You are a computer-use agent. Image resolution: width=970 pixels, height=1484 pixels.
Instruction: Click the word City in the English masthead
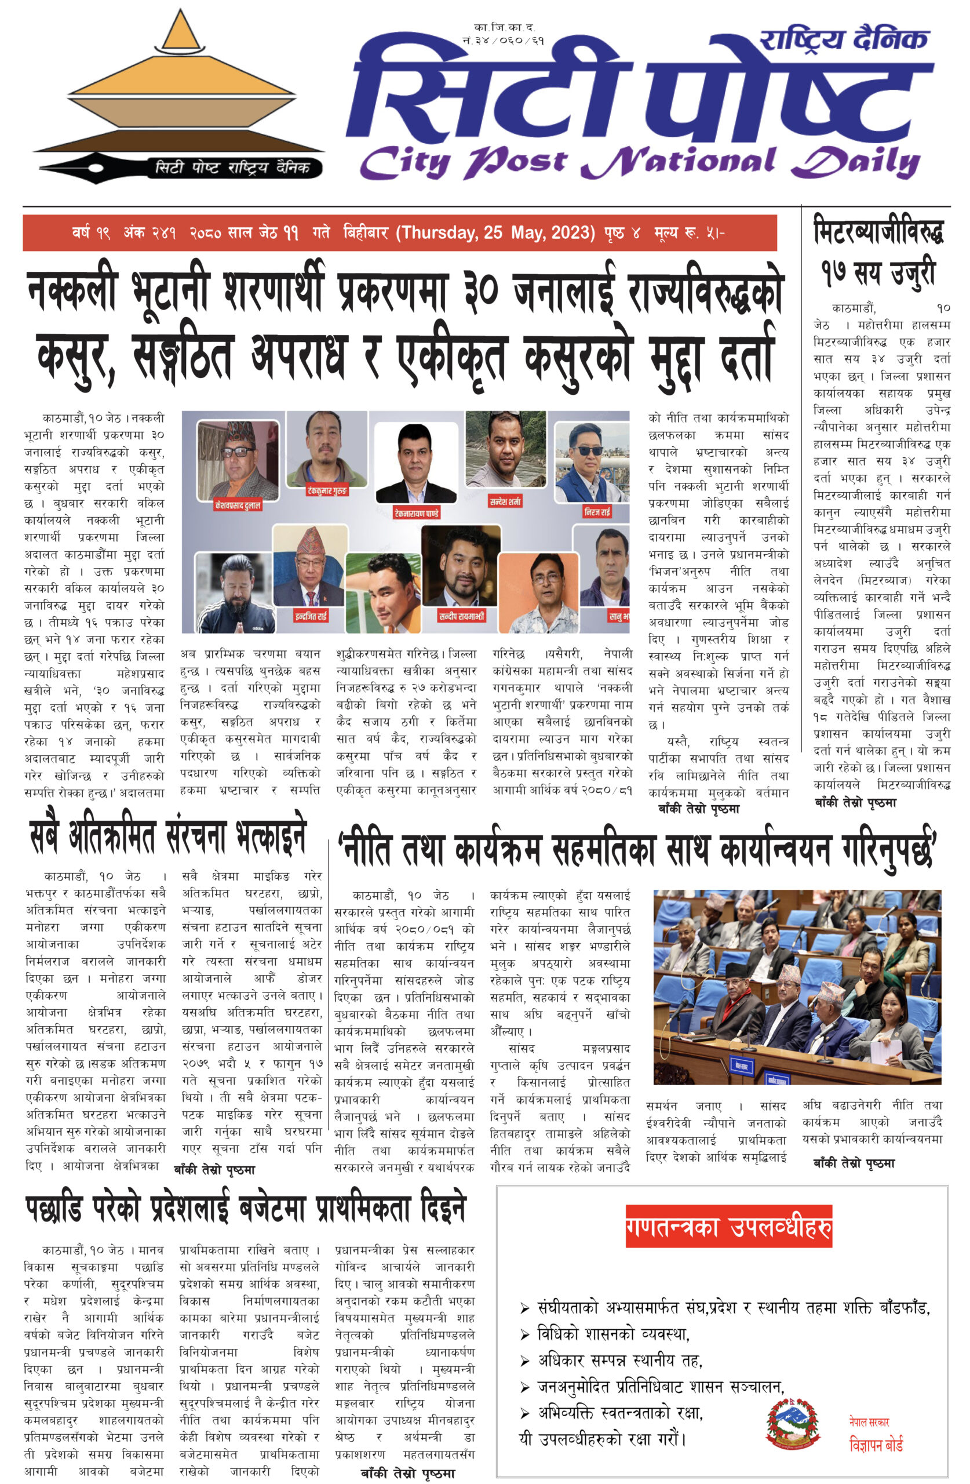(405, 163)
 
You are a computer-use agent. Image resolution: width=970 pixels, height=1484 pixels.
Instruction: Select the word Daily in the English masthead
(857, 163)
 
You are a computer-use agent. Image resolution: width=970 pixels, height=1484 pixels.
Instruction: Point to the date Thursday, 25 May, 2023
(496, 233)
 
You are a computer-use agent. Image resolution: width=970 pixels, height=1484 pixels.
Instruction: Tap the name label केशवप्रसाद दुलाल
(238, 504)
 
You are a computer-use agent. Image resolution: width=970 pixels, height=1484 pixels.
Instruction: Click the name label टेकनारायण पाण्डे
(417, 513)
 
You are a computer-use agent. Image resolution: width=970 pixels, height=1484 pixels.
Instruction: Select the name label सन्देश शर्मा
(505, 501)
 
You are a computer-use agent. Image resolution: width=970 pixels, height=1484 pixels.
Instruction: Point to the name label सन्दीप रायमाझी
(461, 616)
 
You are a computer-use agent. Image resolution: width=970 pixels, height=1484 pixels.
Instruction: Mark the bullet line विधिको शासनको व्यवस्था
(613, 1334)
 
